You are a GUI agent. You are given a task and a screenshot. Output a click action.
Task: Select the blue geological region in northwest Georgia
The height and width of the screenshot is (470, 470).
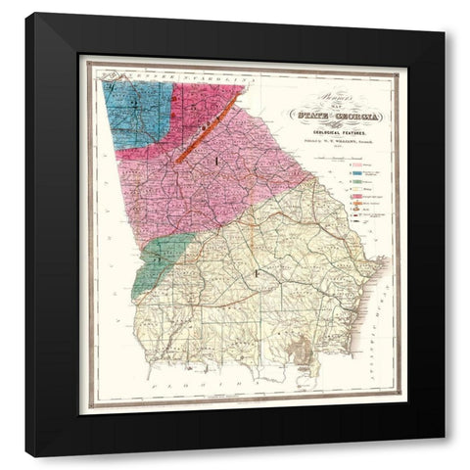137,113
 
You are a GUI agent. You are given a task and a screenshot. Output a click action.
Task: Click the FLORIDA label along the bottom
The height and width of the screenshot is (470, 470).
235,374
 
